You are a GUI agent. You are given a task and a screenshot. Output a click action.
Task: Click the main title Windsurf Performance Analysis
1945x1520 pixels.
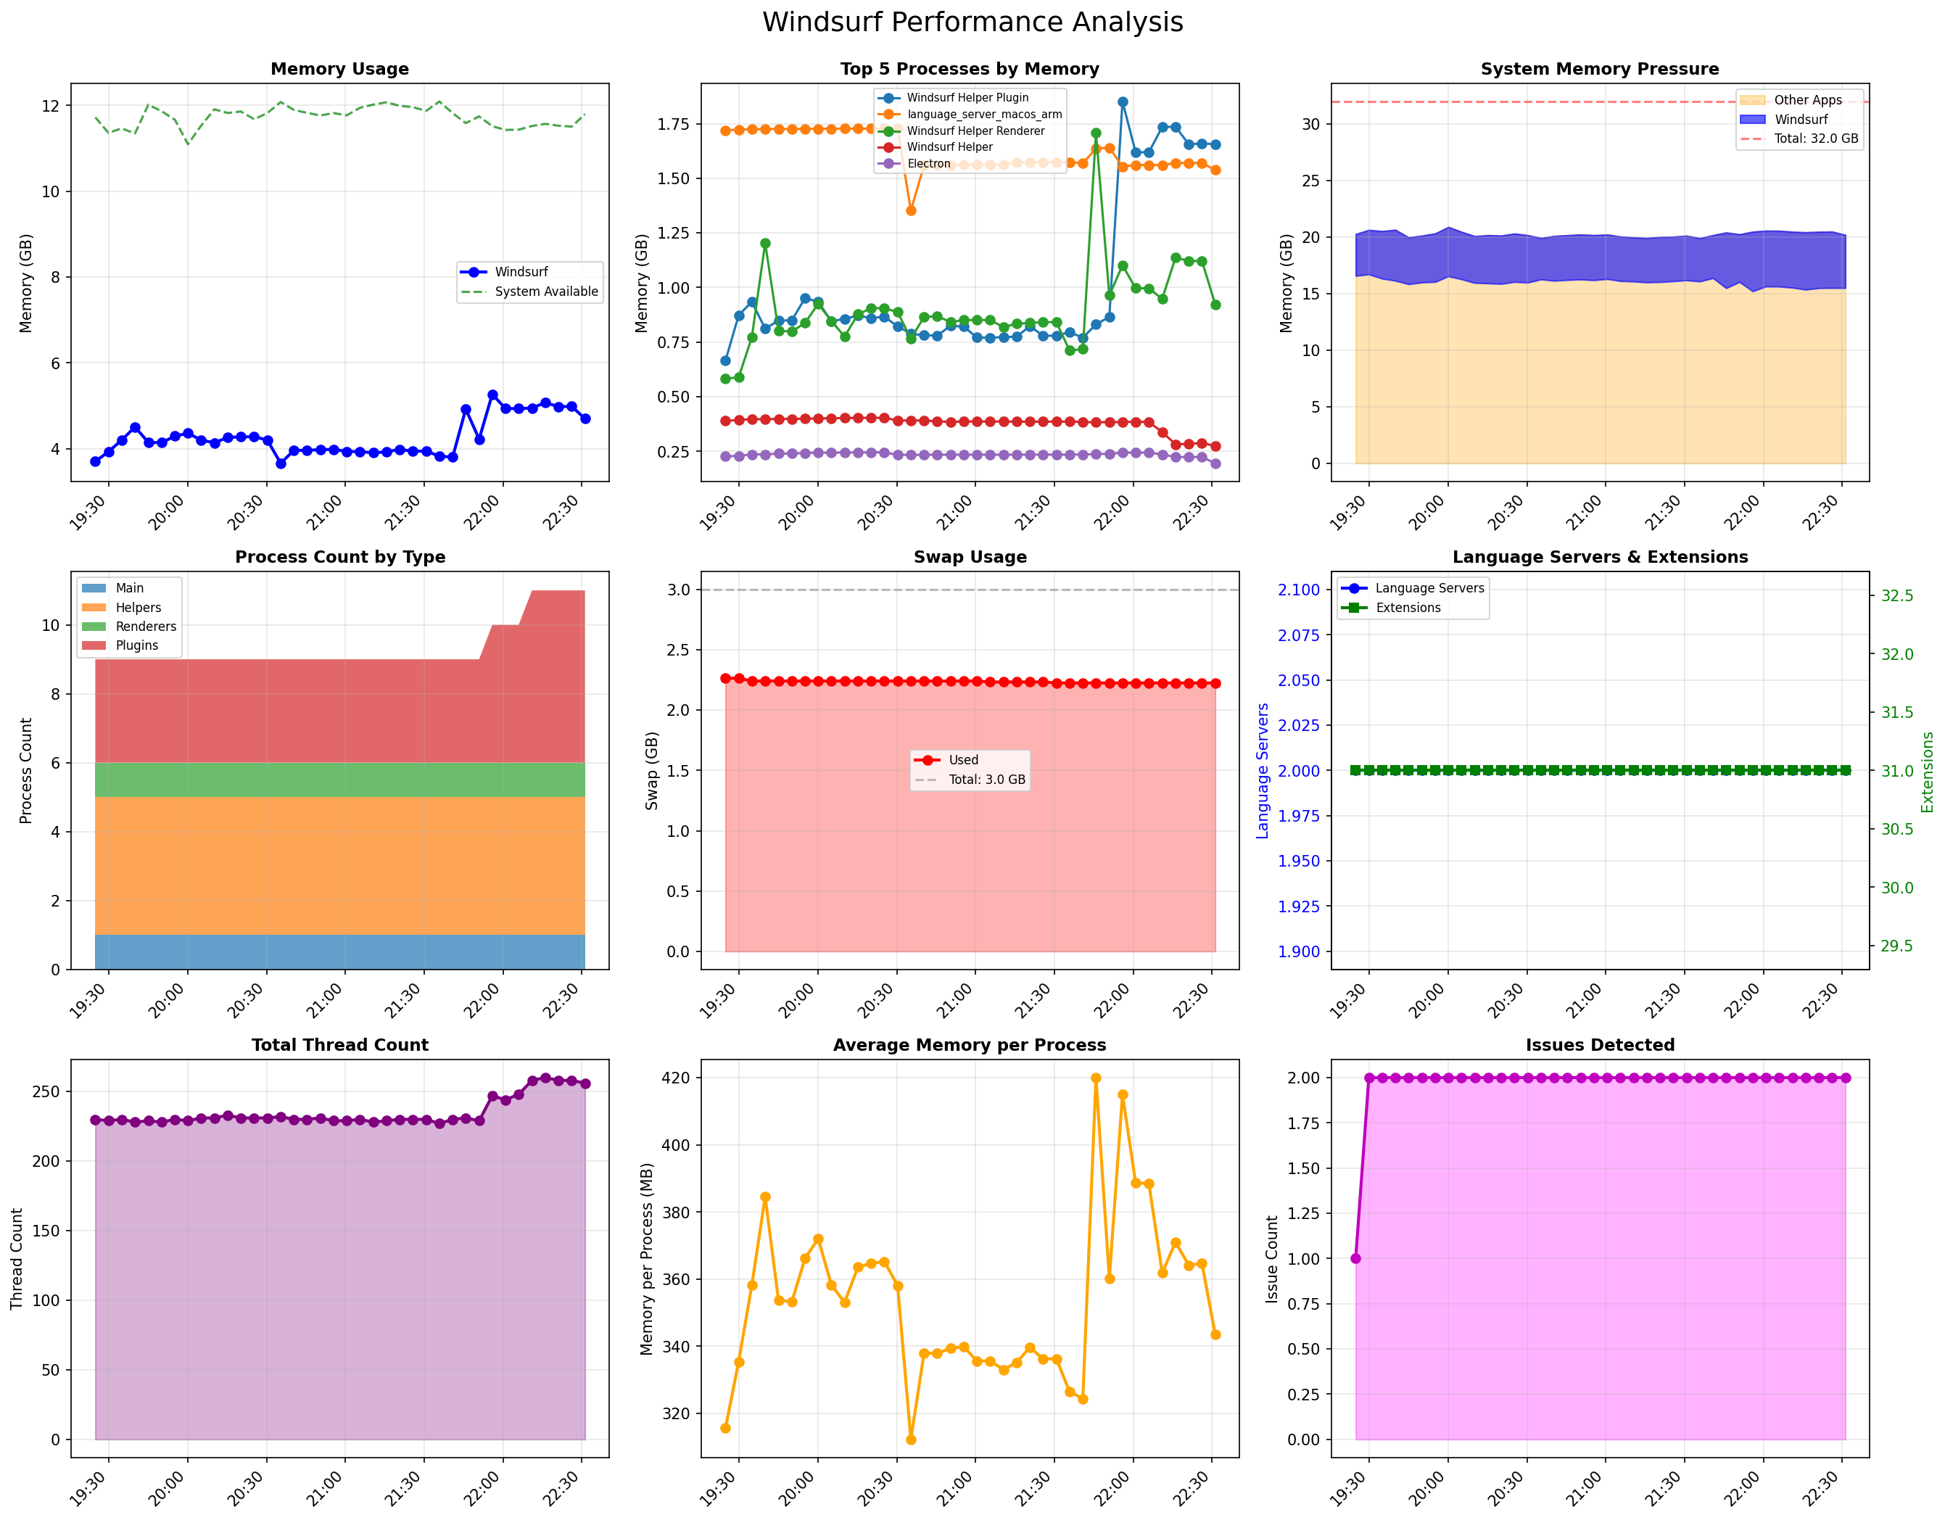(x=972, y=22)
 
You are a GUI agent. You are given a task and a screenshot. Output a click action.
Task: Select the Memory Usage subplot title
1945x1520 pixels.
(x=339, y=69)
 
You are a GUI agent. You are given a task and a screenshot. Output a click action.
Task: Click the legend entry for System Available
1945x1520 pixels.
(x=546, y=292)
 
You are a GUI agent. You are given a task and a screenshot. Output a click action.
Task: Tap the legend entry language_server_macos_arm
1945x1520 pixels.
(x=983, y=114)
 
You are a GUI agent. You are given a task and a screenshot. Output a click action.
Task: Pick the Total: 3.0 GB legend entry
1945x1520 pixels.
(x=986, y=779)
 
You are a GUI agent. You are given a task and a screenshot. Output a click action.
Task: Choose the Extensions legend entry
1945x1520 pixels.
(x=1407, y=607)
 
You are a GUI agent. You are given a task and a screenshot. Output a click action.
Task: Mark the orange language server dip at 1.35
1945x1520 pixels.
(x=911, y=211)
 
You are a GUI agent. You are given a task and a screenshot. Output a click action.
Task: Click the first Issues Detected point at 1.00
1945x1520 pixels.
(x=1355, y=1259)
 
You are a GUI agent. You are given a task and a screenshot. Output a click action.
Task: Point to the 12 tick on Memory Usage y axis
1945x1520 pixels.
(x=51, y=106)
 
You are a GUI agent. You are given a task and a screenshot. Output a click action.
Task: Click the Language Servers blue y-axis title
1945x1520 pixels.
(x=1262, y=770)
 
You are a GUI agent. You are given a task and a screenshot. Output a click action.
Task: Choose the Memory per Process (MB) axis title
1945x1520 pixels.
(x=647, y=1258)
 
